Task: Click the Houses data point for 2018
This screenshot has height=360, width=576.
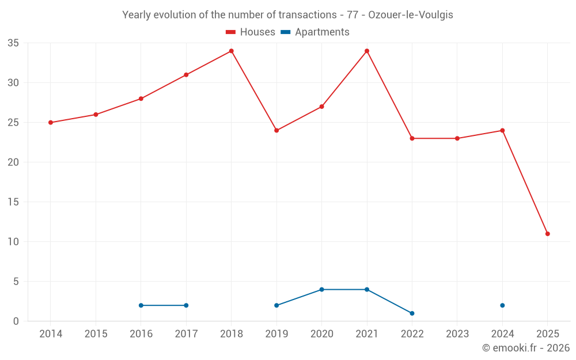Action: pos(232,51)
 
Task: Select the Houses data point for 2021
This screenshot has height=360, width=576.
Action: pos(367,51)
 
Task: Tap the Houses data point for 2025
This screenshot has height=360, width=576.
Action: pos(547,234)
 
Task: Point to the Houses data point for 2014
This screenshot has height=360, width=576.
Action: pos(51,123)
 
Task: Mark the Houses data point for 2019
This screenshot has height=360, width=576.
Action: pos(276,130)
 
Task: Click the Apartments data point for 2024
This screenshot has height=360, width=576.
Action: pos(502,305)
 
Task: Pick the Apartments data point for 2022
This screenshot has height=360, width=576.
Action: pos(412,313)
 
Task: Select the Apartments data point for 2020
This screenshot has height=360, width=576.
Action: pos(321,289)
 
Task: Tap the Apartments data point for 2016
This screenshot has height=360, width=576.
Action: pos(141,305)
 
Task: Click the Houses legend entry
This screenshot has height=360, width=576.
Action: pos(251,32)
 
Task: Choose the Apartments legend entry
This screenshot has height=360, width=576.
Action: pos(315,32)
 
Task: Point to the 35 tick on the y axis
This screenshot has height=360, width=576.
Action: pos(13,43)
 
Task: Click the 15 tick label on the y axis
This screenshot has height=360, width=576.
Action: pos(13,202)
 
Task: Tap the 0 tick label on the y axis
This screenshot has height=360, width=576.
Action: pos(16,321)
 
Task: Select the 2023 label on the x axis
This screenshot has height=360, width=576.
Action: pos(457,334)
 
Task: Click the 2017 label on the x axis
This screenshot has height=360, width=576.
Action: pos(186,334)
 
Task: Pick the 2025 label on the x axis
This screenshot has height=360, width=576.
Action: pos(547,334)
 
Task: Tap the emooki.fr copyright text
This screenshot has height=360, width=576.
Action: pos(525,348)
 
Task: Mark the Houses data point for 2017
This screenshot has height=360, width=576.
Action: pos(186,75)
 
